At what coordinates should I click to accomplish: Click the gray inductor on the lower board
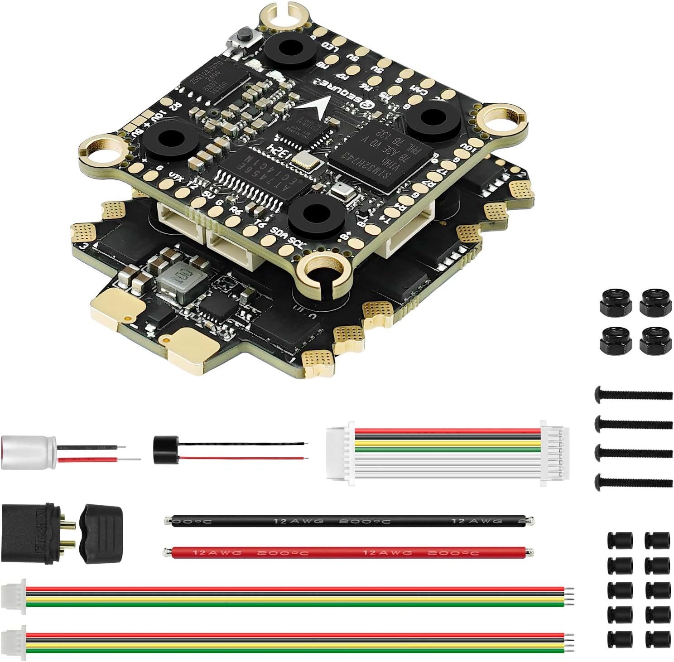[x=173, y=285]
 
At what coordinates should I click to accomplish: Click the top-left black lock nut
[x=614, y=302]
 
